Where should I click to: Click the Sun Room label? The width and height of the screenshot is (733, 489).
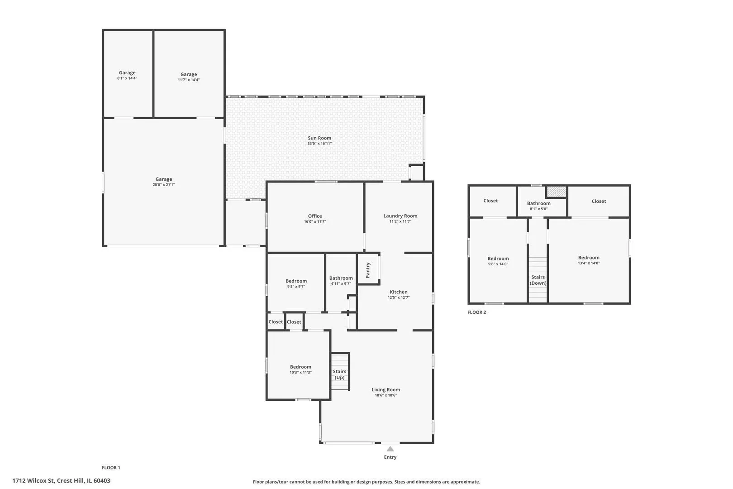319,138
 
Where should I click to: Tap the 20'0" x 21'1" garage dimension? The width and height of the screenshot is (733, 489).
164,185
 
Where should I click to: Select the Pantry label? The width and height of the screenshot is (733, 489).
368,270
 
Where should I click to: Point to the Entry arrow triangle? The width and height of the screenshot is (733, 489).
390,449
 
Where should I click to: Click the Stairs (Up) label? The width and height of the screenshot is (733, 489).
339,374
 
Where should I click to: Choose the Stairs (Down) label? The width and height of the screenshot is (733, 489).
538,280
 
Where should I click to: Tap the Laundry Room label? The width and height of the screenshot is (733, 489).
400,216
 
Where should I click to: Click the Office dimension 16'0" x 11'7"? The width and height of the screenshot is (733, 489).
315,222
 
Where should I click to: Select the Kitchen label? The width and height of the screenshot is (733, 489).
399,292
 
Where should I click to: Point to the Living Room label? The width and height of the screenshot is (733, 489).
386,390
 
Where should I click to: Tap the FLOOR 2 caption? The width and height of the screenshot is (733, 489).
476,312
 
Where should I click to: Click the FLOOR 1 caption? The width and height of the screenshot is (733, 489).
111,468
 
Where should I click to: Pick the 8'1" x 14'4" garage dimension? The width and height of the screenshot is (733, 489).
127,78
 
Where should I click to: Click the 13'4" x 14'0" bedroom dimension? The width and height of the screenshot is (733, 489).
589,264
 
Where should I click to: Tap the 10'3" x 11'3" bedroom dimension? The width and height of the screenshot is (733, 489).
300,372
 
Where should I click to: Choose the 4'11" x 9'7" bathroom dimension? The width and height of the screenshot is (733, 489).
341,283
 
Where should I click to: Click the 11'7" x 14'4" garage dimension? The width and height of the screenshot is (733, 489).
189,80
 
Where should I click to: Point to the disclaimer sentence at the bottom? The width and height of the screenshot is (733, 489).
366,482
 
